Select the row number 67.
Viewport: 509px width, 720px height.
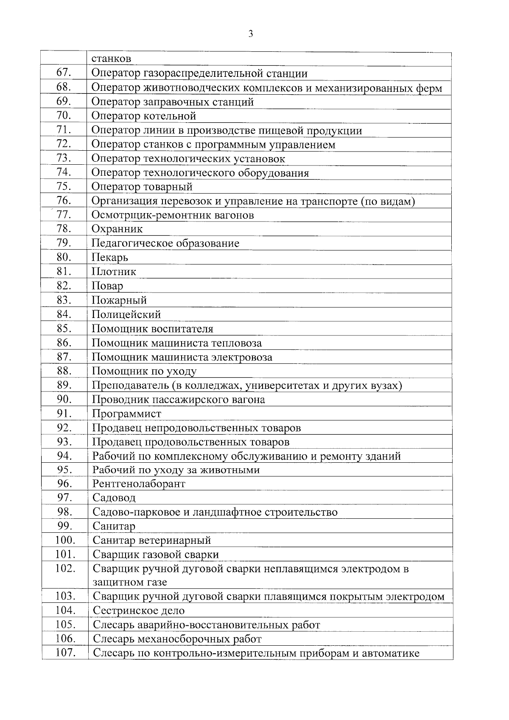click(63, 73)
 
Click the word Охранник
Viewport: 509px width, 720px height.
click(117, 229)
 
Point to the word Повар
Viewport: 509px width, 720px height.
click(107, 286)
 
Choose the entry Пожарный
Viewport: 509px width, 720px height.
click(119, 301)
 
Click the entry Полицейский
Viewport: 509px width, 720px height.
click(126, 315)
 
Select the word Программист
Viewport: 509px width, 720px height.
click(127, 414)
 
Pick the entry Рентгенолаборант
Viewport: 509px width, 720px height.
click(139, 484)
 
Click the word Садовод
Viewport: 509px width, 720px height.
click(114, 498)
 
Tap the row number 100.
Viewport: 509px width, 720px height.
click(65, 540)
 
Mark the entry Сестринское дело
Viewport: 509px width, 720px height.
click(139, 611)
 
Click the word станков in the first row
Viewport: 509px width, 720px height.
click(111, 59)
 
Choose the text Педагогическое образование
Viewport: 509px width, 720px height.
click(165, 244)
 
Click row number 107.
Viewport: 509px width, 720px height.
click(65, 653)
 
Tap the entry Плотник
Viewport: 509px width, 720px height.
click(114, 272)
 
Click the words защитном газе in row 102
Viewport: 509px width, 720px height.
click(130, 582)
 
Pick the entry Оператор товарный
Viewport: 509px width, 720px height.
click(142, 187)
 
